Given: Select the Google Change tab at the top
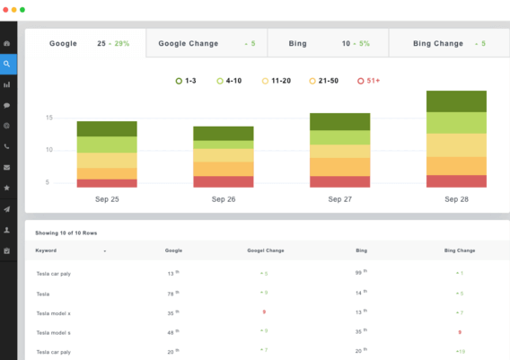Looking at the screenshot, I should tap(206, 43).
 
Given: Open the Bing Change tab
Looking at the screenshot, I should tap(449, 43).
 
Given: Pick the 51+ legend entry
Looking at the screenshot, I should tap(369, 81).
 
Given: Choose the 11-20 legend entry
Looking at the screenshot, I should tap(277, 81).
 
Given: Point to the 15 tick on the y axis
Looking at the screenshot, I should tap(49, 118).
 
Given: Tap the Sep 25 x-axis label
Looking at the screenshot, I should tap(107, 198).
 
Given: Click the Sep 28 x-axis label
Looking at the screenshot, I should tap(456, 198).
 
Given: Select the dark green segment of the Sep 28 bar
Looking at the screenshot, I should tap(456, 101).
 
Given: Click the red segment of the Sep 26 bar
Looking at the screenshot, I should tap(224, 181).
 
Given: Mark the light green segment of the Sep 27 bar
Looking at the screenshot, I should tap(339, 137).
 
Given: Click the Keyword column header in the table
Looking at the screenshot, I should tap(48, 250).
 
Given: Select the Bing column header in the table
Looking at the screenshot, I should tap(362, 250).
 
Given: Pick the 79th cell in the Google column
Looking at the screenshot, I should tap(173, 293).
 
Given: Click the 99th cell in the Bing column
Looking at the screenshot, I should tap(361, 272).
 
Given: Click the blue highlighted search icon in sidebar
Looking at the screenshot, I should tap(8, 64).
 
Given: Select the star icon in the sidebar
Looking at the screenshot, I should tap(8, 188).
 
